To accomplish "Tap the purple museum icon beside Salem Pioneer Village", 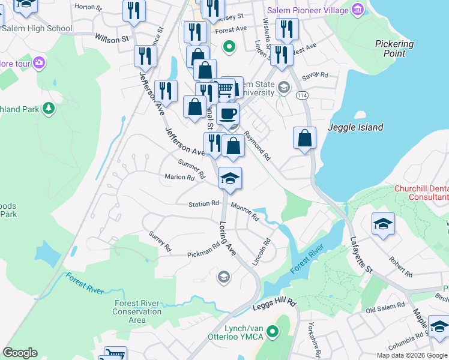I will (x=358, y=10).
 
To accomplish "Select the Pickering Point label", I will (x=394, y=49).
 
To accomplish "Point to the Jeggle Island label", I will (x=355, y=127).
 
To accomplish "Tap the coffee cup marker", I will (x=228, y=113).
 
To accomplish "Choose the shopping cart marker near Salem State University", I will (x=224, y=89).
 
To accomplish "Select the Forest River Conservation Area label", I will (x=137, y=311).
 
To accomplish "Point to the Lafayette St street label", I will (x=361, y=254).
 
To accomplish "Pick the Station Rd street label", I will (x=205, y=204).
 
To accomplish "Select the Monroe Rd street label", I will (x=244, y=212).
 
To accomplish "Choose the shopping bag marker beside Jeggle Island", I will (x=305, y=137).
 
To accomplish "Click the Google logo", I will (x=20, y=353).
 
